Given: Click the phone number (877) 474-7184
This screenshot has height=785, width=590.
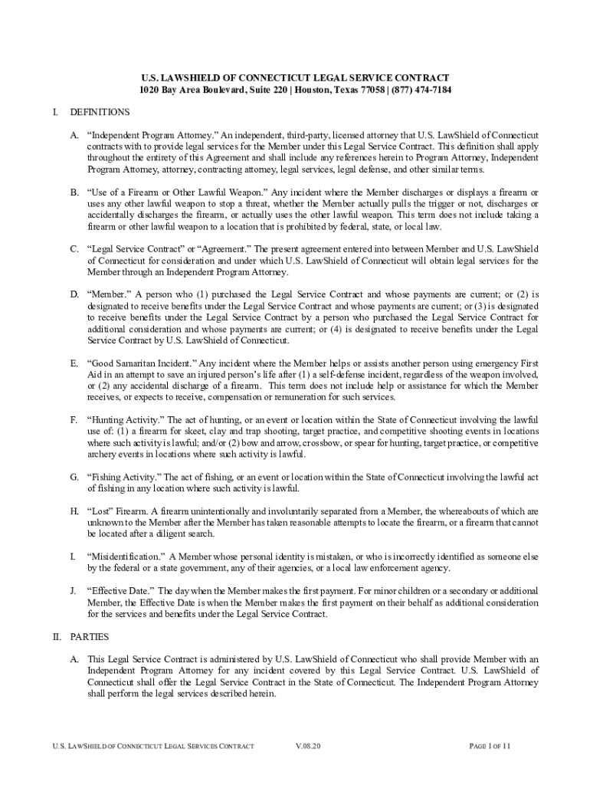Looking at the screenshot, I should [421, 90].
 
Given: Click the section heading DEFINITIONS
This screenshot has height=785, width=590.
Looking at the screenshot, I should [100, 112].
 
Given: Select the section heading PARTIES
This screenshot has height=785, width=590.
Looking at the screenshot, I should [90, 637].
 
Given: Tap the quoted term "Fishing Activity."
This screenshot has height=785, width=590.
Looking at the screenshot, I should [123, 477].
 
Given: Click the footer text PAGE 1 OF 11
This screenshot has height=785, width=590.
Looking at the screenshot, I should [489, 746].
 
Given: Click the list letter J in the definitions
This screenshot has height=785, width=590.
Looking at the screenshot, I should [73, 591].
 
